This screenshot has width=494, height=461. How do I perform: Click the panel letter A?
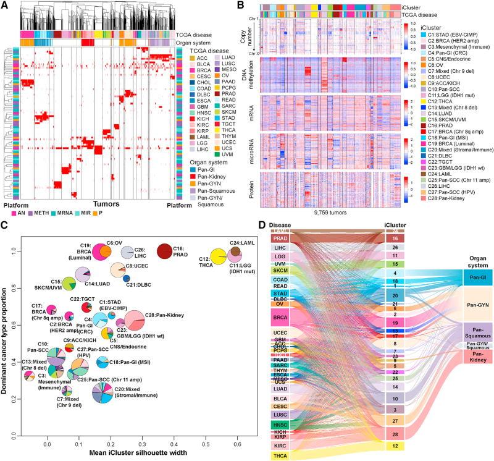(x=5, y=6)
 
